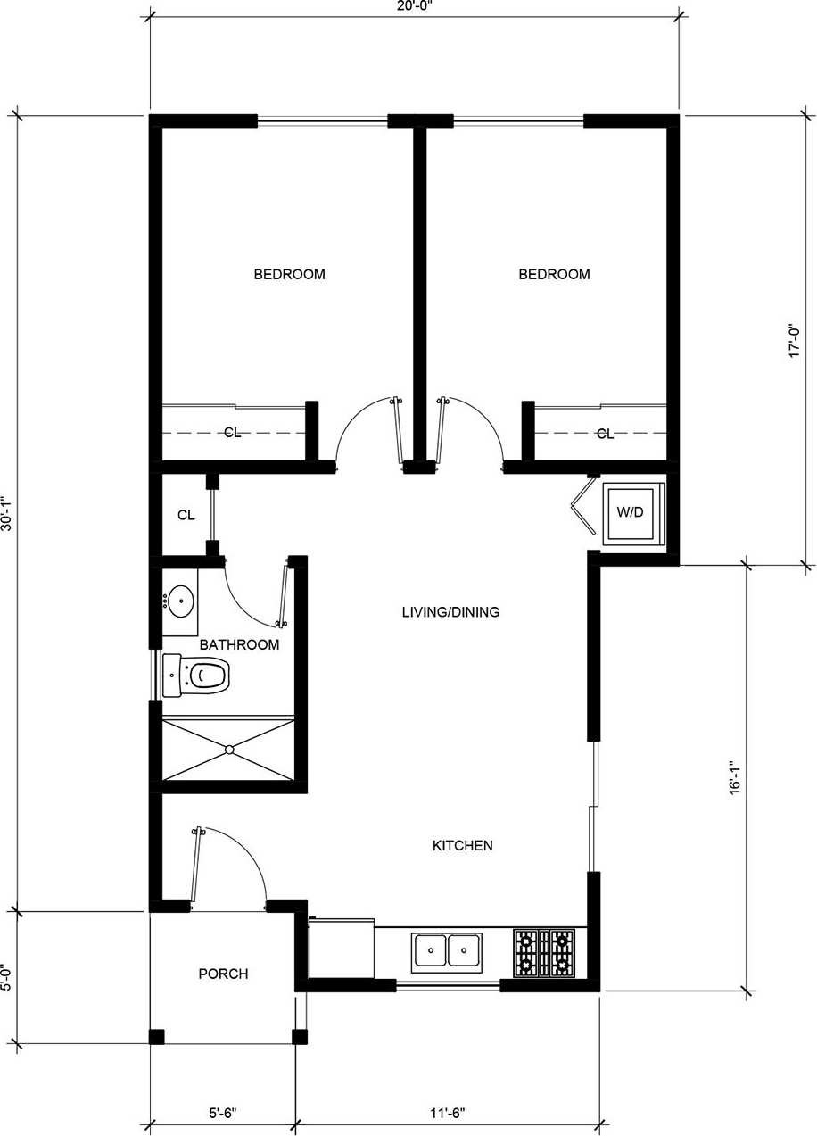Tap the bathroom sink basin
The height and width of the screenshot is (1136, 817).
(x=181, y=601)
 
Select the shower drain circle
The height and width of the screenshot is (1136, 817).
(x=229, y=749)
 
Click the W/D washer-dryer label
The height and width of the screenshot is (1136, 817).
(x=630, y=512)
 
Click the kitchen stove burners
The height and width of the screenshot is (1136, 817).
(x=544, y=952)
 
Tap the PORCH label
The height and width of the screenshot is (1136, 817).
(x=223, y=974)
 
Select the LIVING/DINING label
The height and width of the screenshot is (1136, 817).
(x=450, y=612)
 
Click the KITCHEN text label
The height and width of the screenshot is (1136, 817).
(x=462, y=845)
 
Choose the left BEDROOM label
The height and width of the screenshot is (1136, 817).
(x=289, y=274)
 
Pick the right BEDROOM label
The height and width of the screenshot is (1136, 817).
(x=554, y=274)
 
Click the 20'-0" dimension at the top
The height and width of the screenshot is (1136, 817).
(x=415, y=7)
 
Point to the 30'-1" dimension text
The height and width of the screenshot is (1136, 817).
(x=7, y=513)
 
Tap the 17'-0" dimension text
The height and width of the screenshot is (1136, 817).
(x=794, y=341)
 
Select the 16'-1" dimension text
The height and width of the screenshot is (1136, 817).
(x=735, y=776)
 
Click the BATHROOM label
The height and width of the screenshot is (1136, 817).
(x=239, y=644)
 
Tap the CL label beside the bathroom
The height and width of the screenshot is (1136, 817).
(x=186, y=515)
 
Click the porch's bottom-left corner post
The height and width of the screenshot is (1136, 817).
(x=157, y=1037)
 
